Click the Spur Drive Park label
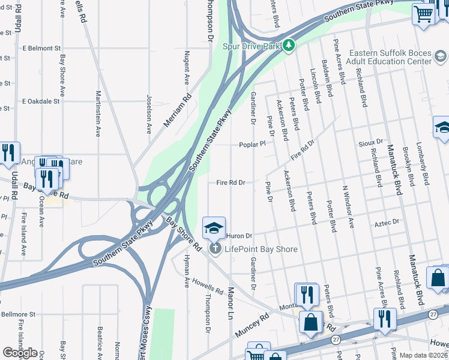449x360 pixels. pyautogui.click(x=252, y=46)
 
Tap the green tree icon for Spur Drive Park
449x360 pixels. pyautogui.click(x=289, y=46)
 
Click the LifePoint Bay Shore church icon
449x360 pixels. pyautogui.click(x=214, y=248)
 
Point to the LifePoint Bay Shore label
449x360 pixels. pyautogui.click(x=261, y=249)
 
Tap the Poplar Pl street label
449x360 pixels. pyautogui.click(x=252, y=145)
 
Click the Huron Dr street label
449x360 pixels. pyautogui.click(x=238, y=236)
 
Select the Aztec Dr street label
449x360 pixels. pyautogui.click(x=387, y=222)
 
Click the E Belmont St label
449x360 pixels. pyautogui.click(x=41, y=47)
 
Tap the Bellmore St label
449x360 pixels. pyautogui.click(x=18, y=314)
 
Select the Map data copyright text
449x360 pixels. pyautogui.click(x=423, y=355)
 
